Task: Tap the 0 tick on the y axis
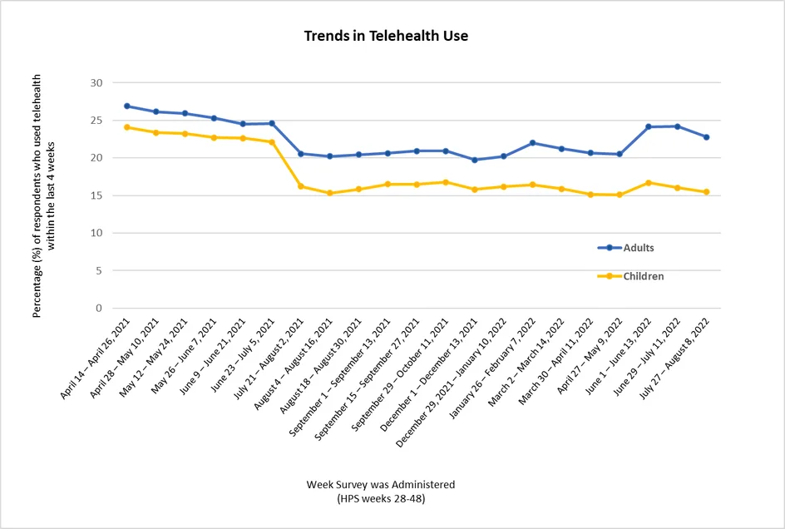[x=99, y=309]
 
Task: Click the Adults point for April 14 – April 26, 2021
[x=127, y=106]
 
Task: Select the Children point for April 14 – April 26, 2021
[x=127, y=127]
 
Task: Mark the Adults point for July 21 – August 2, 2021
[x=300, y=154]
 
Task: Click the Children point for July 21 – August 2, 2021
[x=300, y=186]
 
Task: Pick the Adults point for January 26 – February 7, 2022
[x=532, y=143]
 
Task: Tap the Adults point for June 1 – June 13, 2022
[x=648, y=126]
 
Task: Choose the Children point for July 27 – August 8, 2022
[x=706, y=192]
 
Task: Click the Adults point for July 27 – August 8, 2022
[x=706, y=137]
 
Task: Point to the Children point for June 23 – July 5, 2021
[x=272, y=142]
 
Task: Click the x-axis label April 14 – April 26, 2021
[x=96, y=355]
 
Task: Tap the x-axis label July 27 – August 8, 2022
[x=675, y=355]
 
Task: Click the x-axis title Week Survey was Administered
[x=380, y=484]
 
